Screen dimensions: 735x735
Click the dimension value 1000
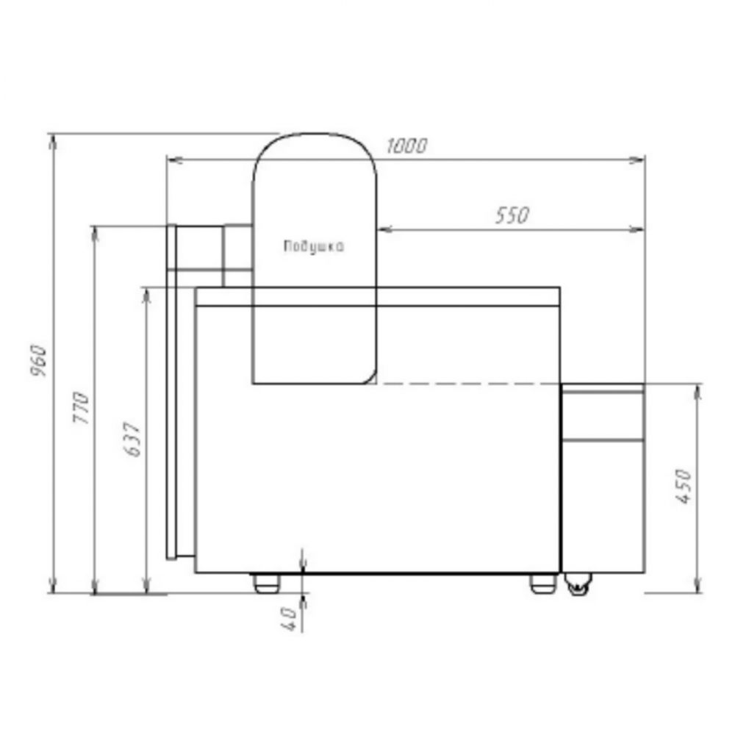406,146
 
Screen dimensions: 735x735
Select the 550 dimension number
512,215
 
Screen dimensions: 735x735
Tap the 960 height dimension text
38,361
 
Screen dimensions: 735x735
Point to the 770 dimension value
81,407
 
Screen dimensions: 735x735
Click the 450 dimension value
684,486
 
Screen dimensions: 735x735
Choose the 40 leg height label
289,618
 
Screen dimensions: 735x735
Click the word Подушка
314,246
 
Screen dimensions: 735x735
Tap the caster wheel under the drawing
578,584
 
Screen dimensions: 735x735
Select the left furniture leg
266,584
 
